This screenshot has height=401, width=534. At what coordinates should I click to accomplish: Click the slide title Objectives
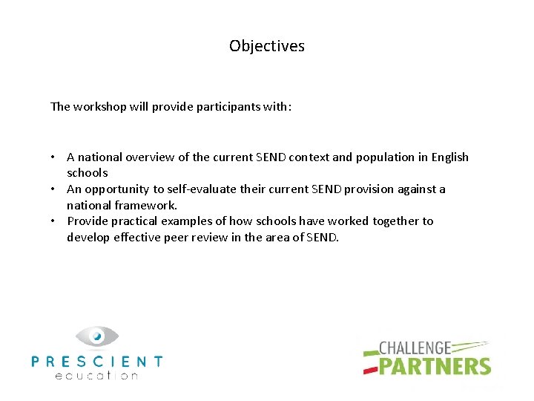tap(267, 46)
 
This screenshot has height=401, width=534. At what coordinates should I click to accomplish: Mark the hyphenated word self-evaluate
tap(198, 189)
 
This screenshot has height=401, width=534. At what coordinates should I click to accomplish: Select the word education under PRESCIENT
tap(96, 375)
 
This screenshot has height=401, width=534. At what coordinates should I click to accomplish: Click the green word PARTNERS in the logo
tap(435, 366)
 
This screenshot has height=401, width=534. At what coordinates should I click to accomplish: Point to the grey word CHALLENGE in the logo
tap(415, 348)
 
